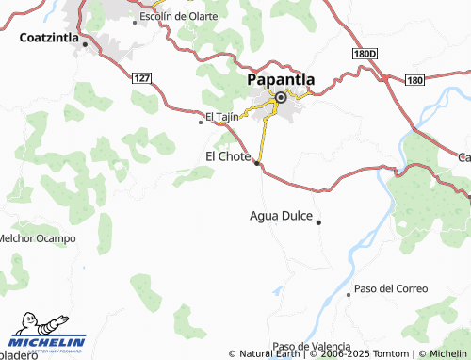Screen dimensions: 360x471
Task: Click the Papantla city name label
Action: point(281,80)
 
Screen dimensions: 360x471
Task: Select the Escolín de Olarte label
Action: point(178,17)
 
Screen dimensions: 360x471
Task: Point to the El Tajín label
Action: point(222,117)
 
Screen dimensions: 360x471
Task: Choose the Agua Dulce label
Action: point(281,216)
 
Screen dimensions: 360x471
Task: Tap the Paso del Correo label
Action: point(390,288)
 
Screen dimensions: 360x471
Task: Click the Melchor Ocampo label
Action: point(37,238)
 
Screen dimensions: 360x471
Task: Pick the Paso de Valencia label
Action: point(312,346)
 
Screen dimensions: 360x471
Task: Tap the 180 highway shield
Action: point(414,81)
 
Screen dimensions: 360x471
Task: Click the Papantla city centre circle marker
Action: point(281,97)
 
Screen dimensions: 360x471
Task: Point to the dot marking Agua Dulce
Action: point(319,222)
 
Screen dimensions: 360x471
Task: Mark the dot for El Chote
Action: point(257,163)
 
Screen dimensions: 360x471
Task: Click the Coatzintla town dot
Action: point(85,44)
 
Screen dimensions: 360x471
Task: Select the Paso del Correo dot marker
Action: point(349,294)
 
